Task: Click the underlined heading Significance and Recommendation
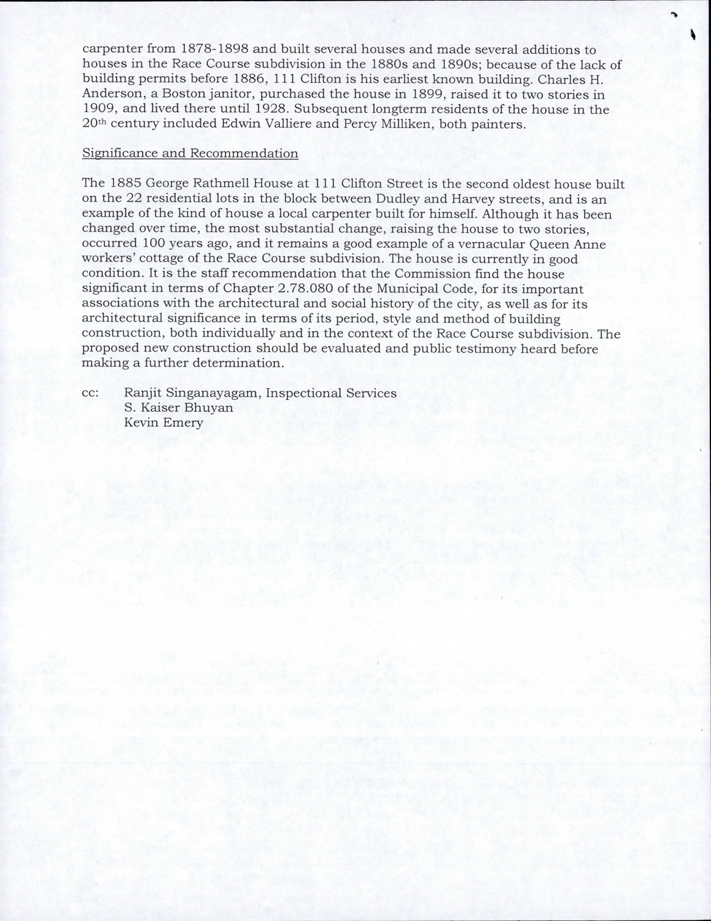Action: [x=190, y=153]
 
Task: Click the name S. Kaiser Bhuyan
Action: [x=178, y=408]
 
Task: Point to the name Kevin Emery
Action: [x=163, y=422]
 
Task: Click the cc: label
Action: [x=91, y=393]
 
